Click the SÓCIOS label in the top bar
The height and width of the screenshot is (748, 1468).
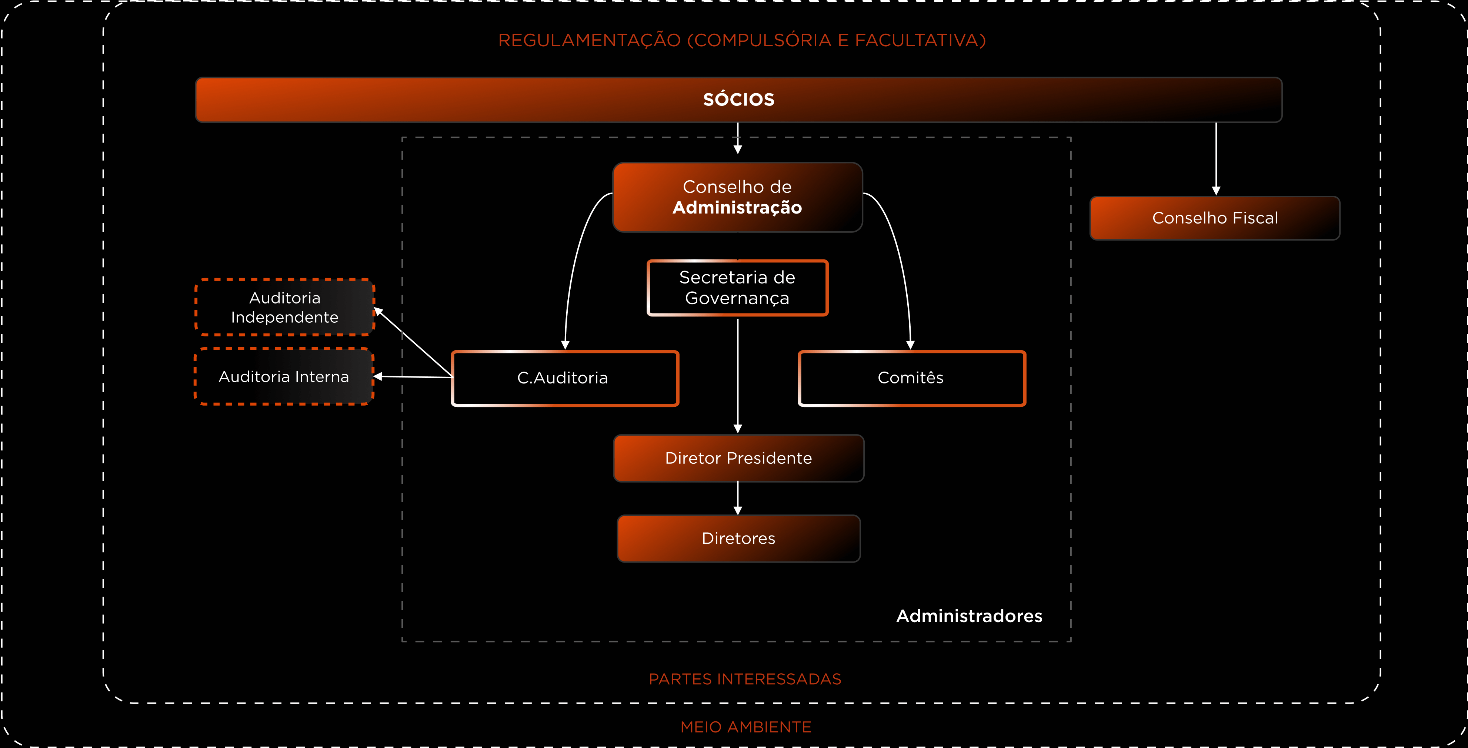(738, 100)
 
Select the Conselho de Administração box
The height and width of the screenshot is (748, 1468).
(737, 197)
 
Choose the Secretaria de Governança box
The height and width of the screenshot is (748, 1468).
(737, 288)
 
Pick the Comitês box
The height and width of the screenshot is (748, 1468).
(911, 378)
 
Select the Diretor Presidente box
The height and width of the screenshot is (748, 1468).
(738, 458)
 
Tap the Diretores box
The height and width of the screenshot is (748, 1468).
(738, 539)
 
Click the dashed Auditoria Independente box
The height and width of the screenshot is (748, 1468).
(284, 308)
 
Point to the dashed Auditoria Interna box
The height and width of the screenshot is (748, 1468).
(284, 376)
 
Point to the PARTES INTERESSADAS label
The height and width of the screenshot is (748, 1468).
(745, 679)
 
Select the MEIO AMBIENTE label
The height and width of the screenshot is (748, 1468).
(745, 727)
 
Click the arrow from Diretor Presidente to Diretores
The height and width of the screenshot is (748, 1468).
(738, 498)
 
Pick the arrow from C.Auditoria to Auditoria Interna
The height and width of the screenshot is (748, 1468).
(413, 376)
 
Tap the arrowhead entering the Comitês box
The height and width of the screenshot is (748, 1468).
(910, 345)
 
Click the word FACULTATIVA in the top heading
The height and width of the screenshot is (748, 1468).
(920, 40)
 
